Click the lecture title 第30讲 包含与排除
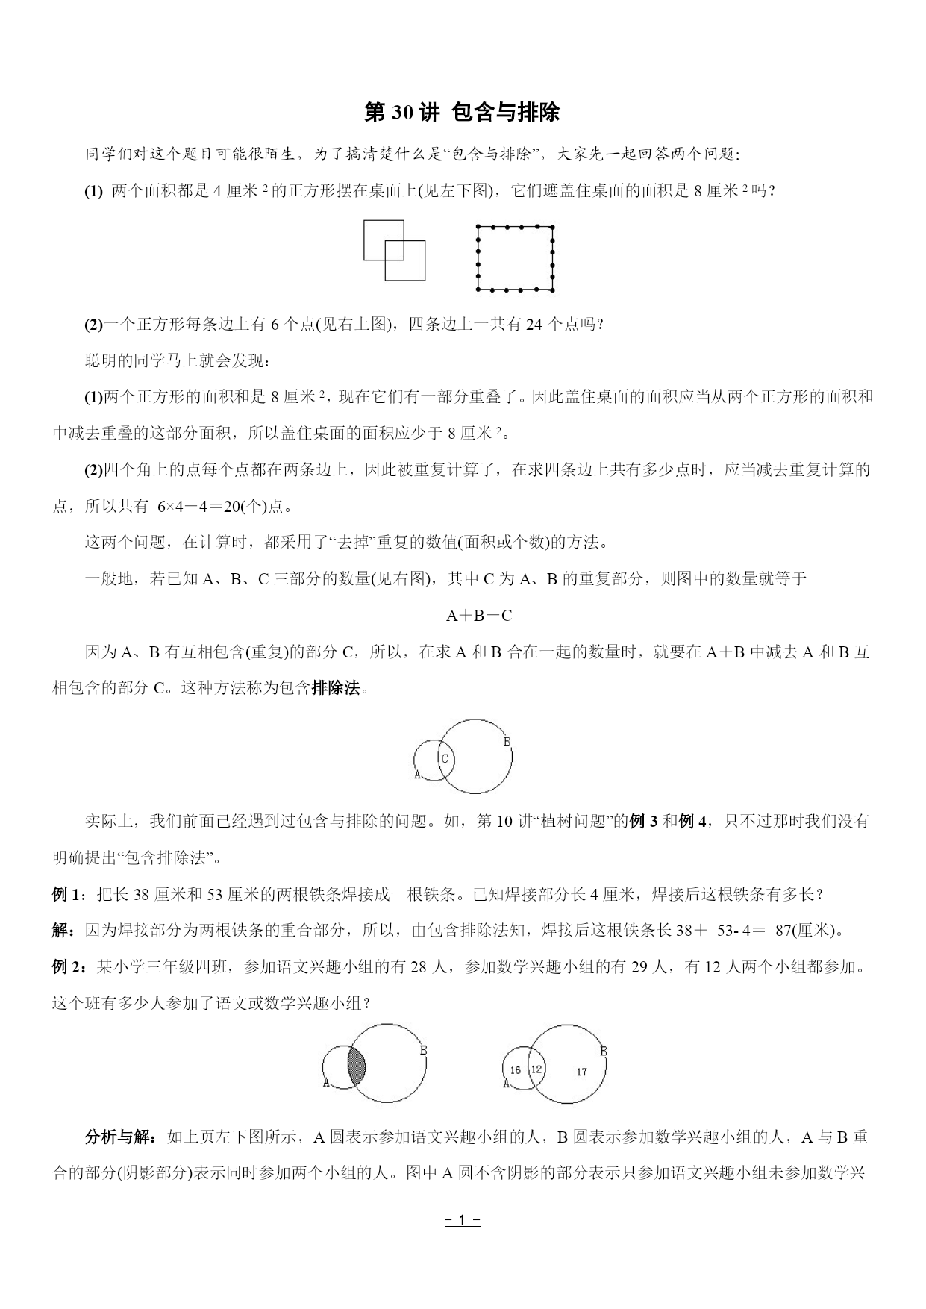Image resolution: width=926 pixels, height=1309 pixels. [462, 113]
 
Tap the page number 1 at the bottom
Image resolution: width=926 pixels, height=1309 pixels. [462, 1221]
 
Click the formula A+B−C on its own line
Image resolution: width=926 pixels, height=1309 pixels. [478, 616]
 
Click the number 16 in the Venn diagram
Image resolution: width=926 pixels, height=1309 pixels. [515, 1070]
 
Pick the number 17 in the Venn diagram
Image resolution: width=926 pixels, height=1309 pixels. [581, 1072]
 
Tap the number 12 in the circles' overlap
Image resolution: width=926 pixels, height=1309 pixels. [536, 1069]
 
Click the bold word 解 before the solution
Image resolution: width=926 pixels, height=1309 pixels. [62, 931]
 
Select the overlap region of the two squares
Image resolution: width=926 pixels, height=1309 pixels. [394, 251]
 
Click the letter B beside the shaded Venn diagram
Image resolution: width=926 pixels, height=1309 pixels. [423, 1051]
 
